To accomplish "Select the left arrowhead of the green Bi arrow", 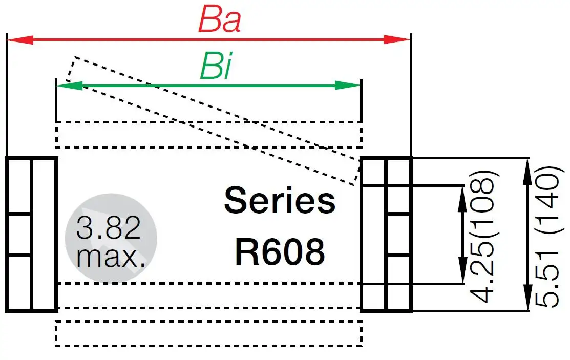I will click(x=69, y=86).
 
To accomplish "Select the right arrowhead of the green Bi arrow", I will click(x=349, y=86).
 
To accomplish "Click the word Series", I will click(x=280, y=201).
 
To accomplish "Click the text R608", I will click(x=280, y=251).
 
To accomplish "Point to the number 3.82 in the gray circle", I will click(x=108, y=228).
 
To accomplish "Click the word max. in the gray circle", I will click(x=111, y=256).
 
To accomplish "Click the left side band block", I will click(x=31, y=234).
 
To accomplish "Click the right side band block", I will click(x=386, y=234).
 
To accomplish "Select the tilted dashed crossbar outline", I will click(x=215, y=120).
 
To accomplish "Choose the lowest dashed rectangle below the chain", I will click(x=208, y=334).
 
